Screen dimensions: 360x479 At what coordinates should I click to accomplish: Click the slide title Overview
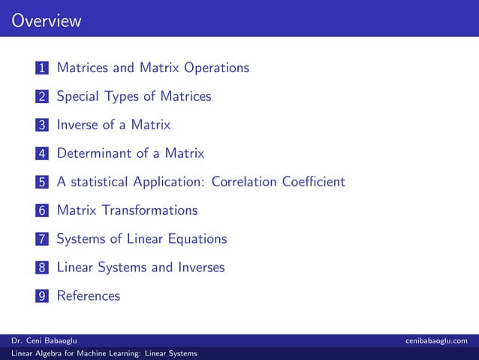[x=46, y=20]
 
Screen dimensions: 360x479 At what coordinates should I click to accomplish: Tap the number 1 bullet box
[x=42, y=68]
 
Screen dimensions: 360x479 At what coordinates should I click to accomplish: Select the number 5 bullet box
[x=42, y=183]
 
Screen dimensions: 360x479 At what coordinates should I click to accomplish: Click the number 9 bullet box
[x=42, y=296]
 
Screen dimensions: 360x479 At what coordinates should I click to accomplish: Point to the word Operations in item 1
[x=212, y=68]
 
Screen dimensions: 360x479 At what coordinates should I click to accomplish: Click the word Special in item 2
[x=78, y=96]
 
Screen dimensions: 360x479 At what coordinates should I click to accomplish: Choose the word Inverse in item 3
[x=78, y=125]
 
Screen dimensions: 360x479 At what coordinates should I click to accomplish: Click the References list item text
[x=89, y=296]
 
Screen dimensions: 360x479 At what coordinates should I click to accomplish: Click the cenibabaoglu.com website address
[x=437, y=341]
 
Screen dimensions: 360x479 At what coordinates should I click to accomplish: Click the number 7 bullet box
[x=42, y=240]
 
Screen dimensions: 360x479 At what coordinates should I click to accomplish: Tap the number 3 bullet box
[x=42, y=126]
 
